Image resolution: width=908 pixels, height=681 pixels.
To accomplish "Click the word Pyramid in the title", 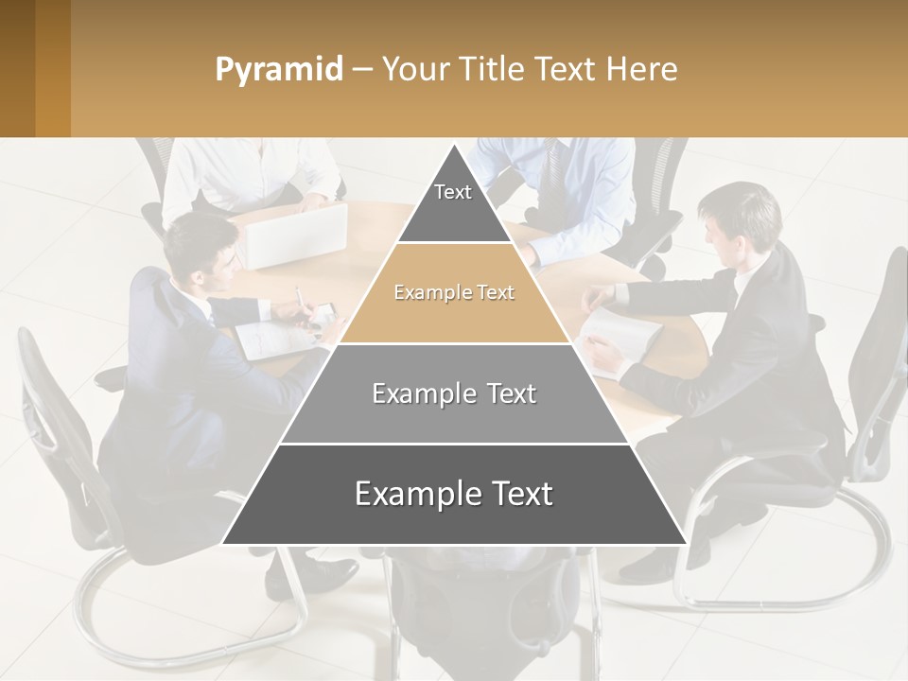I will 278,69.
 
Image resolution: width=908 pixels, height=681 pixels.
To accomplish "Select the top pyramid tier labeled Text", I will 453,199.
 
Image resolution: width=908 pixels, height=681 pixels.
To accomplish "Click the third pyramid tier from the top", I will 454,394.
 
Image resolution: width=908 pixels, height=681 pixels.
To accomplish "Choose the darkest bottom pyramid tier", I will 454,495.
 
